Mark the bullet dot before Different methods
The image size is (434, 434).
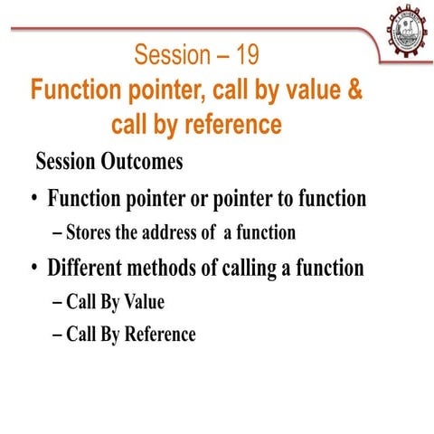[33, 269]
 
